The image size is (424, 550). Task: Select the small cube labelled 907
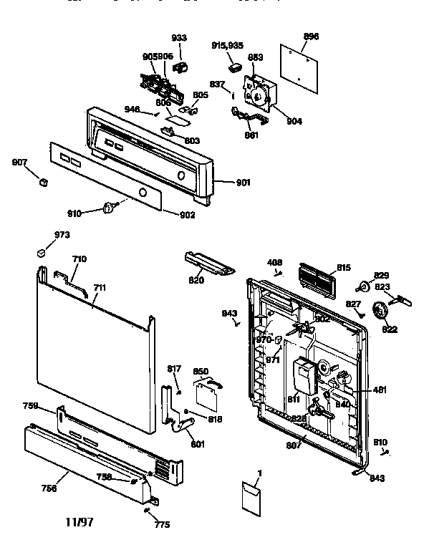tap(44, 182)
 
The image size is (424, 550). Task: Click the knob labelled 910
tap(110, 208)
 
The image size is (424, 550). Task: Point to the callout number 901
tap(243, 182)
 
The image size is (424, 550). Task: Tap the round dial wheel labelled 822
tap(389, 312)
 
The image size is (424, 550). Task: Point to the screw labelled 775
tap(147, 511)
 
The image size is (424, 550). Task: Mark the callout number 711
tap(100, 288)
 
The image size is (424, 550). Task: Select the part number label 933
tap(178, 37)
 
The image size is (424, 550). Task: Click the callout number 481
tap(380, 390)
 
